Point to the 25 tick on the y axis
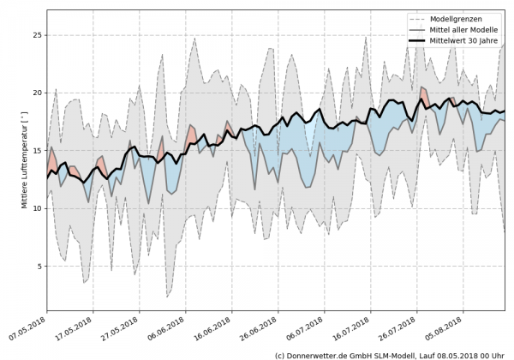click(x=36, y=35)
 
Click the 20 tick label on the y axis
click(x=36, y=93)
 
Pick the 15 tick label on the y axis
click(x=36, y=151)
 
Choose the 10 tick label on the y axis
click(x=36, y=208)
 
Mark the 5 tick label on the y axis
click(x=39, y=267)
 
